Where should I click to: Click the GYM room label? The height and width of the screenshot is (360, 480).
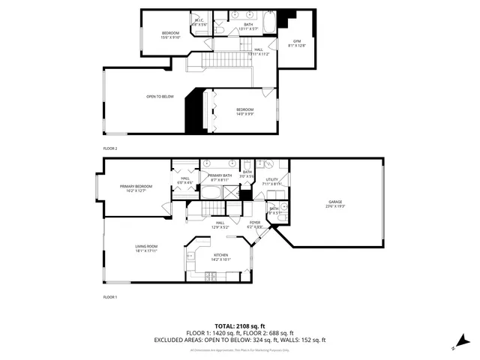pyautogui.click(x=291, y=41)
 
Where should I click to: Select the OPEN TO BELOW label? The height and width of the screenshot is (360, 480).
pyautogui.click(x=160, y=97)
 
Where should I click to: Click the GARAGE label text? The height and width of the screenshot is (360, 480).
pyautogui.click(x=334, y=202)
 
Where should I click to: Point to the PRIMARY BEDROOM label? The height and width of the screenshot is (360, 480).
pyautogui.click(x=136, y=186)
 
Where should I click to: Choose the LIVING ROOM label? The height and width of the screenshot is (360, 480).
pyautogui.click(x=146, y=246)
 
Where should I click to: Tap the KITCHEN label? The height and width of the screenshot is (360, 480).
pyautogui.click(x=220, y=255)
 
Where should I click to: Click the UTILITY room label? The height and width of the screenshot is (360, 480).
pyautogui.click(x=271, y=179)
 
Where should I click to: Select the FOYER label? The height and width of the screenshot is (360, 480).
pyautogui.click(x=255, y=222)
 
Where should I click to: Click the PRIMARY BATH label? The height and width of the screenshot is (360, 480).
pyautogui.click(x=218, y=175)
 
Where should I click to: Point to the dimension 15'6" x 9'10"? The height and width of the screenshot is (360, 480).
pyautogui.click(x=172, y=37)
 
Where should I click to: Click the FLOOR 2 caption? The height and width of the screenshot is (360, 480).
pyautogui.click(x=110, y=148)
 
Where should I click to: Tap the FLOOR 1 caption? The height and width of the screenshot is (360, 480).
pyautogui.click(x=110, y=298)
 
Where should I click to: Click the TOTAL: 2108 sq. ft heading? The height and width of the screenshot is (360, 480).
pyautogui.click(x=239, y=325)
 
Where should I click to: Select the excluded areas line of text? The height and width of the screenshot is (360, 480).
pyautogui.click(x=239, y=339)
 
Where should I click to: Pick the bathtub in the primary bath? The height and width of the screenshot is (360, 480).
pyautogui.click(x=211, y=193)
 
